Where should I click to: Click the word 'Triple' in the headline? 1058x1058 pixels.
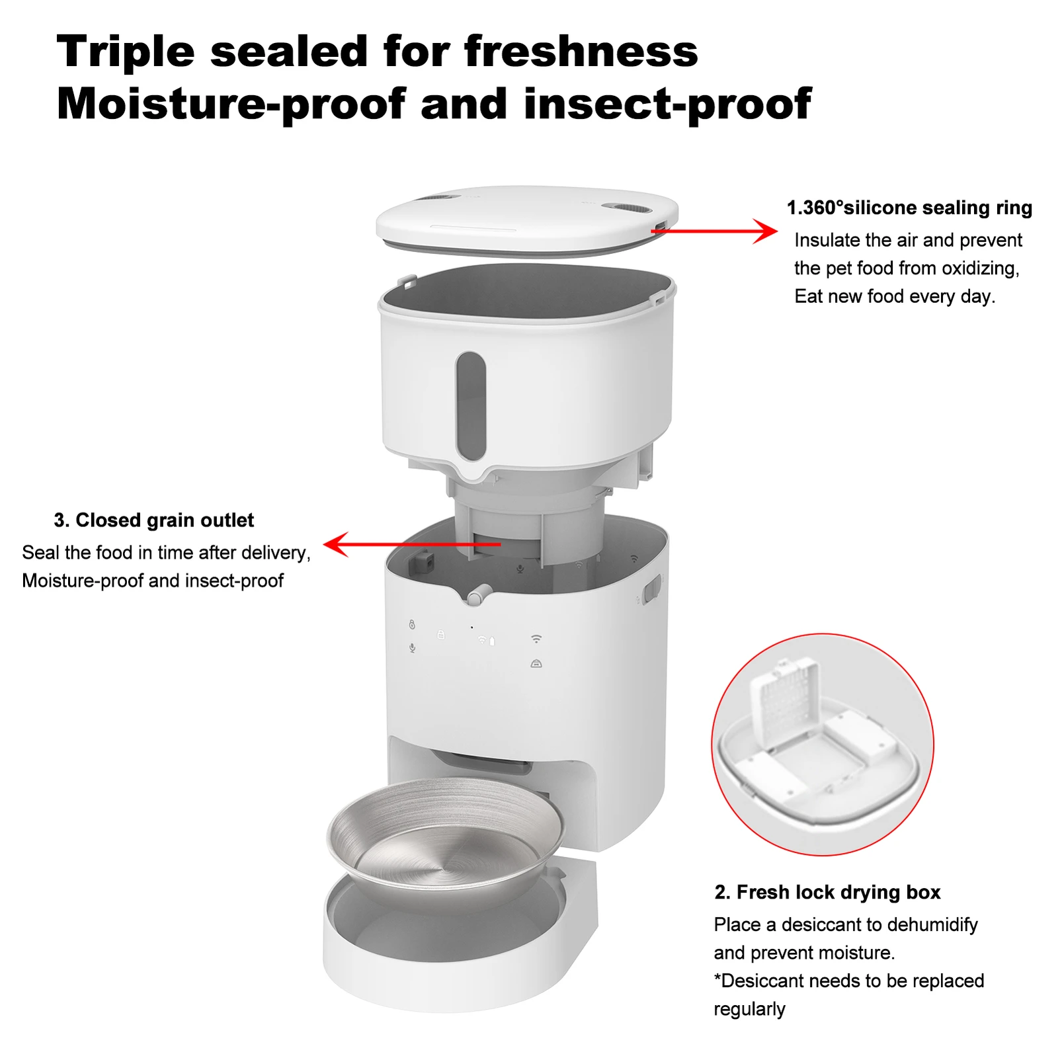point(125,52)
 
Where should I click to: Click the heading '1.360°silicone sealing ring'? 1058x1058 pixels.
point(909,208)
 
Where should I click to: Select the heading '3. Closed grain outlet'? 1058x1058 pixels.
point(153,520)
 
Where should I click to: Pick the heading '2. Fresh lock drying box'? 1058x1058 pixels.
point(827,892)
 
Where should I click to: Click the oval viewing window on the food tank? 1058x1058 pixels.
point(471,405)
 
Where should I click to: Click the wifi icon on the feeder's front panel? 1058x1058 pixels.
point(536,639)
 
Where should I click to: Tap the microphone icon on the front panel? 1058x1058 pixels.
point(413,648)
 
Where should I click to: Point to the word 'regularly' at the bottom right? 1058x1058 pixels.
point(749,1009)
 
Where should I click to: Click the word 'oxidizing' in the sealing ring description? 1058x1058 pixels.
point(979,268)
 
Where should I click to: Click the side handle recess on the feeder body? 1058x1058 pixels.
point(652,588)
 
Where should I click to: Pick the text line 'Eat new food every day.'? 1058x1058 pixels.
point(894,296)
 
